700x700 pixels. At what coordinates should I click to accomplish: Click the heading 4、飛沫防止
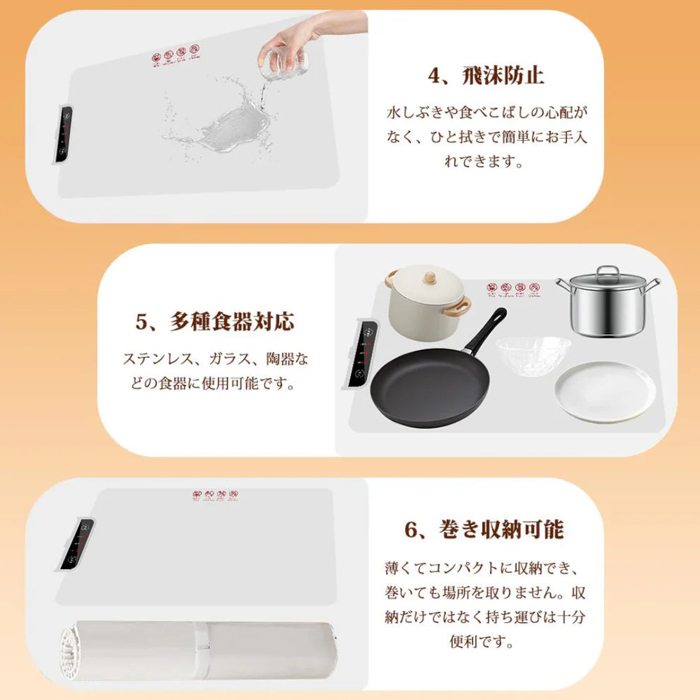click(x=486, y=75)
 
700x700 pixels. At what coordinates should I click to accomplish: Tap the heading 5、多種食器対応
click(x=214, y=322)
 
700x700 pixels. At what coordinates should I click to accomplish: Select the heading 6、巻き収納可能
click(x=484, y=529)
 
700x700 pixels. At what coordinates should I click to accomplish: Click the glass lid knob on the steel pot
click(x=607, y=270)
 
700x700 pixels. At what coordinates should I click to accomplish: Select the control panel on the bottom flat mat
click(x=77, y=544)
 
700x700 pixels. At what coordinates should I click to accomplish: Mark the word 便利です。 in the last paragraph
click(x=484, y=642)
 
